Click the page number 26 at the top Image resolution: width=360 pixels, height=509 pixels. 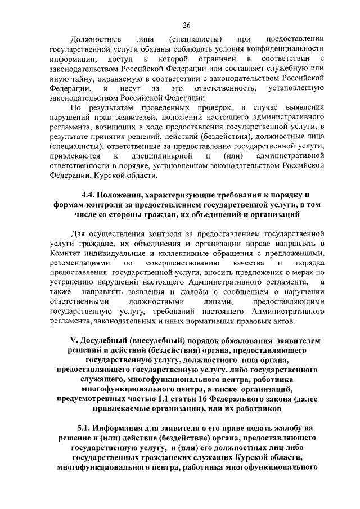coord(187,25)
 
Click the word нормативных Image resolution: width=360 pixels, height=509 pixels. coord(250,321)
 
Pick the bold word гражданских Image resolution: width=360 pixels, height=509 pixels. coord(173,457)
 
